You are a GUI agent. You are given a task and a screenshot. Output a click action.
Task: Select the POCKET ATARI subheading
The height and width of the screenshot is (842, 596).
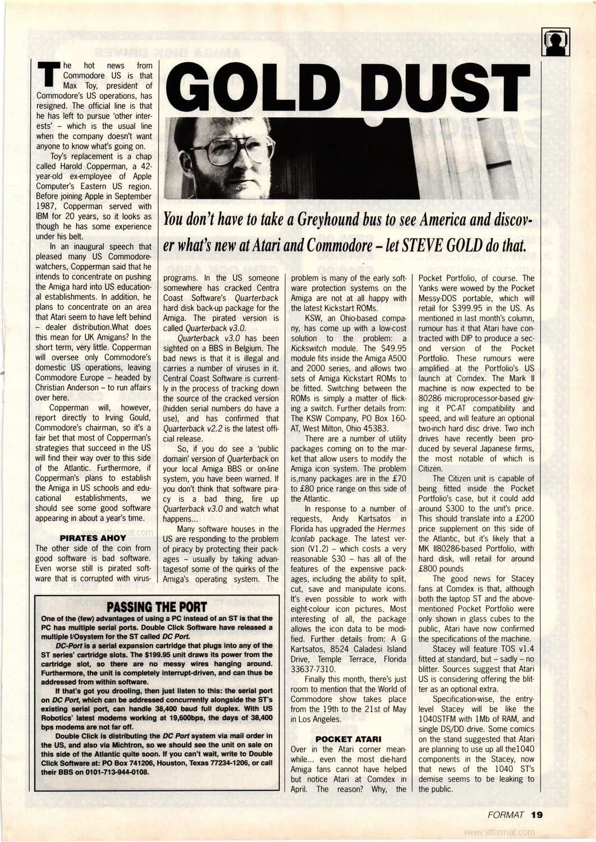click(x=349, y=739)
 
